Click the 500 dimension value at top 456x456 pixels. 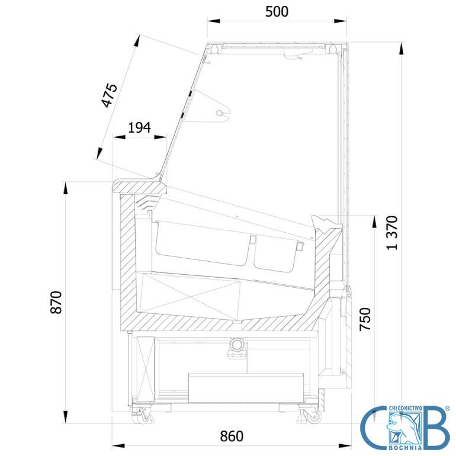tap(277, 12)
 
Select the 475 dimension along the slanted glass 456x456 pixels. tap(110, 95)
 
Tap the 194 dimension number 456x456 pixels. tap(140, 127)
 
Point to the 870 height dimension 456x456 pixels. tap(56, 302)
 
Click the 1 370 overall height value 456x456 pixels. tap(392, 233)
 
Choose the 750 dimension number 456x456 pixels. tap(365, 319)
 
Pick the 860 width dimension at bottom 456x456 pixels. tap(232, 436)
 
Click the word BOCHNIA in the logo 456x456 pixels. tap(406, 448)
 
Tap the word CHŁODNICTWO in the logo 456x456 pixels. tap(406, 408)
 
